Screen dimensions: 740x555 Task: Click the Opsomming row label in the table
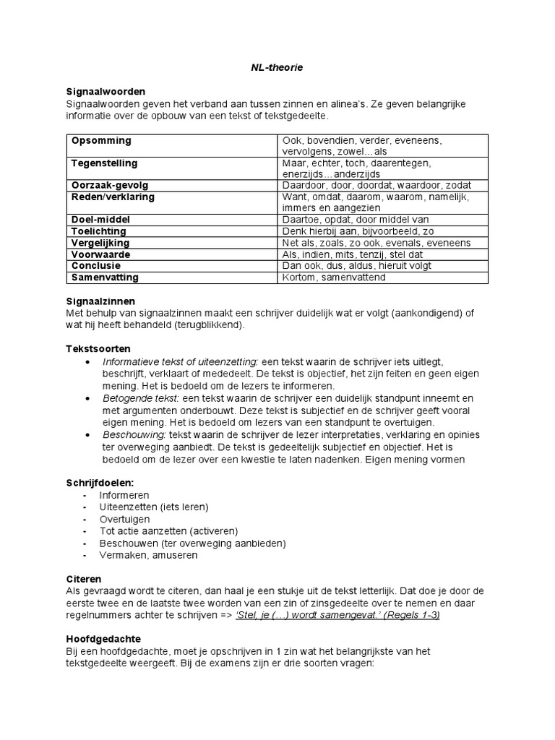[101, 139]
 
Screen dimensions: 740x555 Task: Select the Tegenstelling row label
[104, 163]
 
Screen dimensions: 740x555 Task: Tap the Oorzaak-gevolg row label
[107, 186]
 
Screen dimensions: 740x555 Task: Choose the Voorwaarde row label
[101, 254]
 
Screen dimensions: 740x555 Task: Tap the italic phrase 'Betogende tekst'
[141, 398]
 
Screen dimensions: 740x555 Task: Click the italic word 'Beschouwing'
[134, 434]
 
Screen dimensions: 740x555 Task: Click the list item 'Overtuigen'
[124, 520]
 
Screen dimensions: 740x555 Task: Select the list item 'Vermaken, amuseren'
[148, 555]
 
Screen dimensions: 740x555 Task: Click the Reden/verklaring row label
[113, 197]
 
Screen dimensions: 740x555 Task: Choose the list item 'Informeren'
[124, 495]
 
